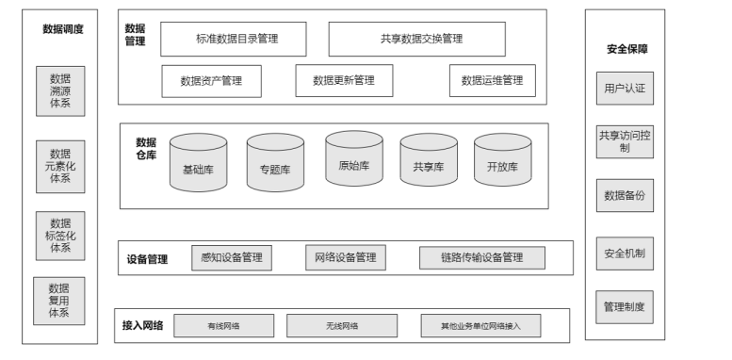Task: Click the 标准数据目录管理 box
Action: [236, 40]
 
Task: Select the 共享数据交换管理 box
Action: [415, 40]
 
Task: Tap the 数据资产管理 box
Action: [211, 81]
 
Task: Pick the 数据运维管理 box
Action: [492, 81]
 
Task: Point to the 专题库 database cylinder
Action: [274, 167]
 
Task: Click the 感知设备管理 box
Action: [232, 257]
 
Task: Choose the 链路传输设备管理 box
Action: [481, 257]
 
